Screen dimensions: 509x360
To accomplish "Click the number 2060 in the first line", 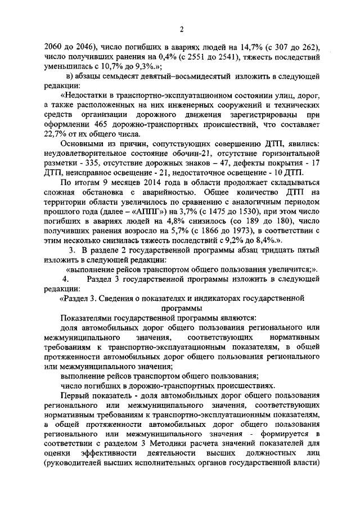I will (x=54, y=47).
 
